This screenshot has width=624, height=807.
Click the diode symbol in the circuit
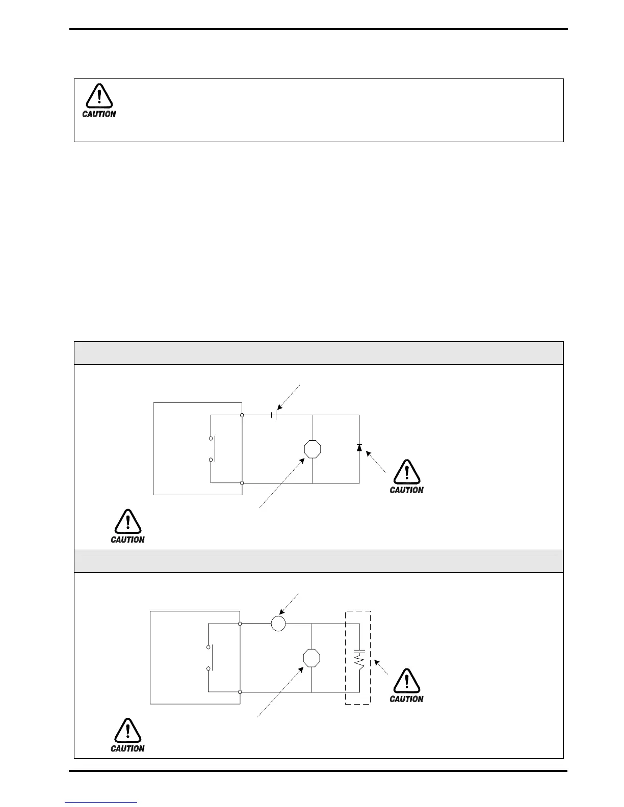359,447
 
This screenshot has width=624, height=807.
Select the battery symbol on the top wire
274,415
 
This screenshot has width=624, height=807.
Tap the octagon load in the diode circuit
312,449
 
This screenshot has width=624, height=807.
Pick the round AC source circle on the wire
278,623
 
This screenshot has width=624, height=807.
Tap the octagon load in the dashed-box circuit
311,658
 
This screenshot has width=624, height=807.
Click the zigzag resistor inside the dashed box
360,661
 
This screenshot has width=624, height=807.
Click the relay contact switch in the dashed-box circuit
209,658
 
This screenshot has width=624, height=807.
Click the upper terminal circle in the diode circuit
242,415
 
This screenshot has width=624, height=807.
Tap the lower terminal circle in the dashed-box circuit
240,692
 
